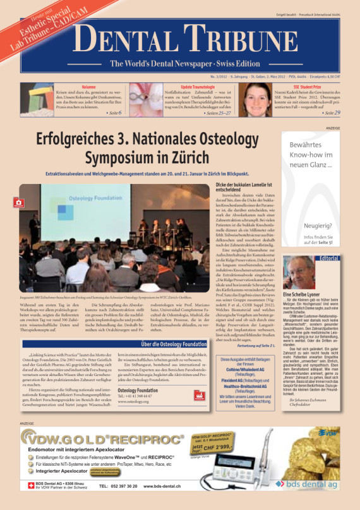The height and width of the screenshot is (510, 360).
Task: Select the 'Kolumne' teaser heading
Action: [88, 86]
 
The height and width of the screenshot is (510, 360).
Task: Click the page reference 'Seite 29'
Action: [331, 112]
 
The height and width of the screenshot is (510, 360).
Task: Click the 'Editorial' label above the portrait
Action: [328, 259]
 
